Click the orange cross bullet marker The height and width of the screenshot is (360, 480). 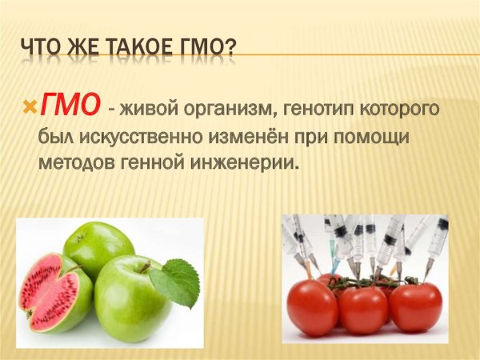[x=30, y=106]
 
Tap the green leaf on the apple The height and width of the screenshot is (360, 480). [x=176, y=282]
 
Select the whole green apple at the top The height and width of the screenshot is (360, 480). [x=98, y=247]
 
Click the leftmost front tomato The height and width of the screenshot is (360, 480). [x=313, y=307]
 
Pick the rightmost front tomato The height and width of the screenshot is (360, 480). [x=415, y=306]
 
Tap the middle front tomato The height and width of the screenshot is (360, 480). [x=363, y=310]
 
